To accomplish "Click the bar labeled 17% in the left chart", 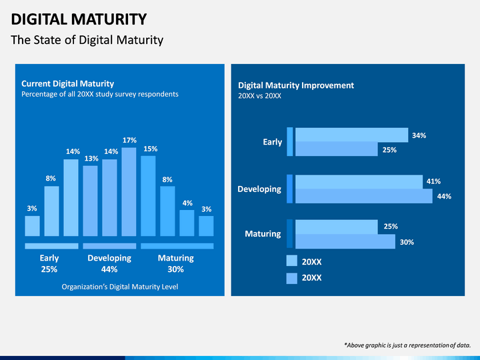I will click(x=129, y=192).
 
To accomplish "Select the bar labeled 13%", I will click(x=90, y=201).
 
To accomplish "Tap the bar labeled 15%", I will click(x=148, y=196).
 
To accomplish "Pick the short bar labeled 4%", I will click(x=187, y=223).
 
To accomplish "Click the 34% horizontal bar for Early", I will click(x=351, y=135).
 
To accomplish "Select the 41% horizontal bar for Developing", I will click(x=359, y=182).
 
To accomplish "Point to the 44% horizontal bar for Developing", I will click(x=363, y=196).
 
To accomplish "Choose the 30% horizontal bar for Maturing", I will click(x=345, y=241).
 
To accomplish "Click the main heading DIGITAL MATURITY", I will click(x=79, y=19).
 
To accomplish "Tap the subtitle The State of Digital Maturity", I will click(x=87, y=40).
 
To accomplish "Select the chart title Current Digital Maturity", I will click(x=67, y=83).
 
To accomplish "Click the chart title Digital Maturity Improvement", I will click(x=296, y=85).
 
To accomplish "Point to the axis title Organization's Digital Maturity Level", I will click(x=119, y=287).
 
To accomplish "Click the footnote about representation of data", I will click(x=407, y=345).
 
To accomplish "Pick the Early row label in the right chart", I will click(x=273, y=142).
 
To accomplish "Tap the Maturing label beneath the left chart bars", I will click(x=175, y=258).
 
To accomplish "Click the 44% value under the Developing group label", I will click(x=109, y=269).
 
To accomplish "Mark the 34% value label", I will click(x=419, y=135).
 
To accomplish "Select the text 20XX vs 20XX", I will click(x=259, y=96).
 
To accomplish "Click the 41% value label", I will click(x=433, y=181).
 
